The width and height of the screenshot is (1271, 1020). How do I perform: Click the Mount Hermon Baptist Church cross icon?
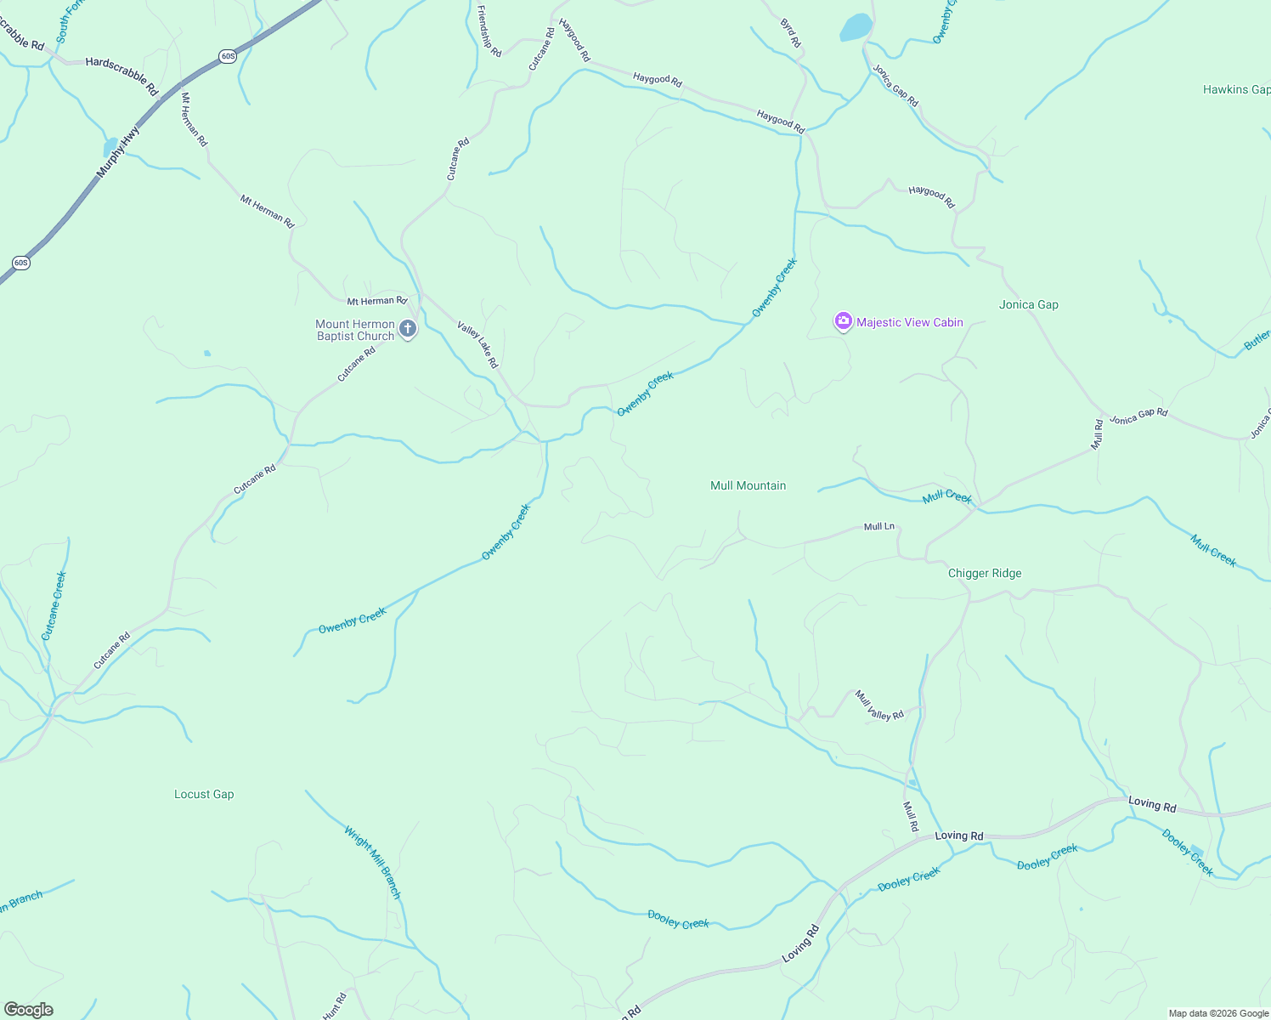[x=408, y=329]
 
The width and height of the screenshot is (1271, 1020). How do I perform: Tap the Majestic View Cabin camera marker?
[x=843, y=321]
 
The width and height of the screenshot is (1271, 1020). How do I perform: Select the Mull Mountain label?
[x=748, y=485]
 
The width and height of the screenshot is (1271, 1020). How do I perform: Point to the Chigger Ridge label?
[x=985, y=573]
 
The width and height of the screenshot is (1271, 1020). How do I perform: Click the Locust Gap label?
[x=204, y=794]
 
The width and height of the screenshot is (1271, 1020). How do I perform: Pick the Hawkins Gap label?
[x=1236, y=89]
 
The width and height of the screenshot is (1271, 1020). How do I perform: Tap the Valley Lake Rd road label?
[x=477, y=344]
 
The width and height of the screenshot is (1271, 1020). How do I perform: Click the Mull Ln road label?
[x=878, y=527]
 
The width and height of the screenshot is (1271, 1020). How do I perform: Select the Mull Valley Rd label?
[x=879, y=705]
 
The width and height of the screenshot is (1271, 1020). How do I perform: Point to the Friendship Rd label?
[x=489, y=31]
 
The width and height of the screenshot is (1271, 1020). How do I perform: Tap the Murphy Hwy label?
[x=117, y=152]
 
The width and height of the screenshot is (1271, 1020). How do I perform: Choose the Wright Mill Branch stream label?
[x=372, y=862]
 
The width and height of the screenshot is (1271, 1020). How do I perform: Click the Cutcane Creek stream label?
[x=54, y=605]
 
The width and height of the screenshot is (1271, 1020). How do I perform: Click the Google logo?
[x=28, y=1010]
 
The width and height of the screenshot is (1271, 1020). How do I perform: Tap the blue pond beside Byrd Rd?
[x=856, y=27]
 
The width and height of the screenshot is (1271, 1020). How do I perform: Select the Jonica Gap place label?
[x=1028, y=304]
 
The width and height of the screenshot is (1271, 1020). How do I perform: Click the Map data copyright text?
[x=1218, y=1013]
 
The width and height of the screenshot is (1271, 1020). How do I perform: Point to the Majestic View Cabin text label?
[x=910, y=322]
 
